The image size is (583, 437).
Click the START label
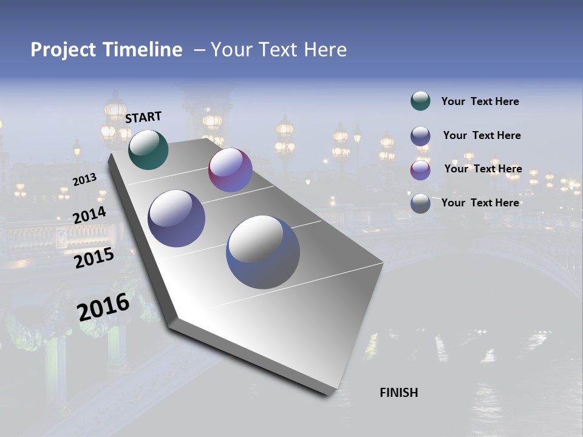(x=143, y=117)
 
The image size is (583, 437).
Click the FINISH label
(x=398, y=393)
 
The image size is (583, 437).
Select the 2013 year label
(x=84, y=180)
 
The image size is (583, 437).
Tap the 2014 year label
(x=89, y=215)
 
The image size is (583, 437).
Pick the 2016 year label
(x=103, y=307)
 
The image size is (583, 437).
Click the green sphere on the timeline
(x=148, y=149)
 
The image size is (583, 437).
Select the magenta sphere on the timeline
(x=230, y=170)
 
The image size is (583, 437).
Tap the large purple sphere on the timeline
(x=176, y=218)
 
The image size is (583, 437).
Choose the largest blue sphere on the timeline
(x=263, y=252)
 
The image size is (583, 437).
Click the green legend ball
(x=420, y=101)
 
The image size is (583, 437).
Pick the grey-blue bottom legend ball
(x=420, y=203)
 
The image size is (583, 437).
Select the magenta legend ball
(x=420, y=170)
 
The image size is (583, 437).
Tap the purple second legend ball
(x=420, y=136)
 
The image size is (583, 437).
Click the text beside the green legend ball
(x=480, y=101)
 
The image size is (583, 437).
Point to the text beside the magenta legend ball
(x=483, y=169)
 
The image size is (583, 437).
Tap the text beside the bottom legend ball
(x=480, y=203)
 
